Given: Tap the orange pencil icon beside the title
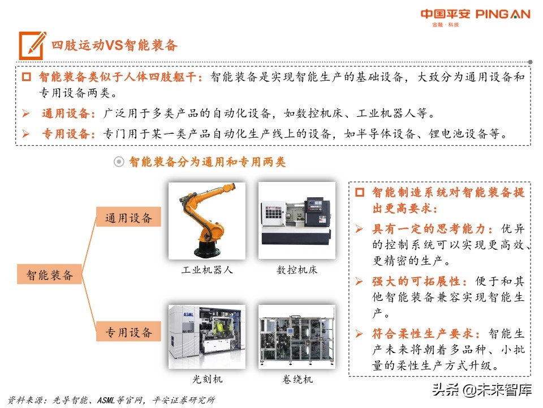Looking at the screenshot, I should (x=32, y=45).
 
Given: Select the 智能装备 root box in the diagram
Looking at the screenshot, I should (x=50, y=275).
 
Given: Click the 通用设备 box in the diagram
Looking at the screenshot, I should (x=128, y=218).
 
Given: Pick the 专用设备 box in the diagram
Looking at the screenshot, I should (x=128, y=332).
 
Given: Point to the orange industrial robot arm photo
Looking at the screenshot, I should (x=207, y=220).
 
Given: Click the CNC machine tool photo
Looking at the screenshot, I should (x=296, y=220).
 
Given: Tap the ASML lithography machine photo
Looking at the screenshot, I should (x=207, y=337).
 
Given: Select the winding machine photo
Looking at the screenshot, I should (x=296, y=337).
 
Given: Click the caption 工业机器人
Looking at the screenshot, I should (x=207, y=270).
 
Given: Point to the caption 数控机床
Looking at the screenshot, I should (x=297, y=270).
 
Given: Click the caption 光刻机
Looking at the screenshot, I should (x=207, y=379).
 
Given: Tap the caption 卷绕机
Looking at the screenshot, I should (x=297, y=379).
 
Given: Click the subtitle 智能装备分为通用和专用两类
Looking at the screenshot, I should (x=207, y=163).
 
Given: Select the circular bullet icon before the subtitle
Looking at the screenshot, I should (x=119, y=163).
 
